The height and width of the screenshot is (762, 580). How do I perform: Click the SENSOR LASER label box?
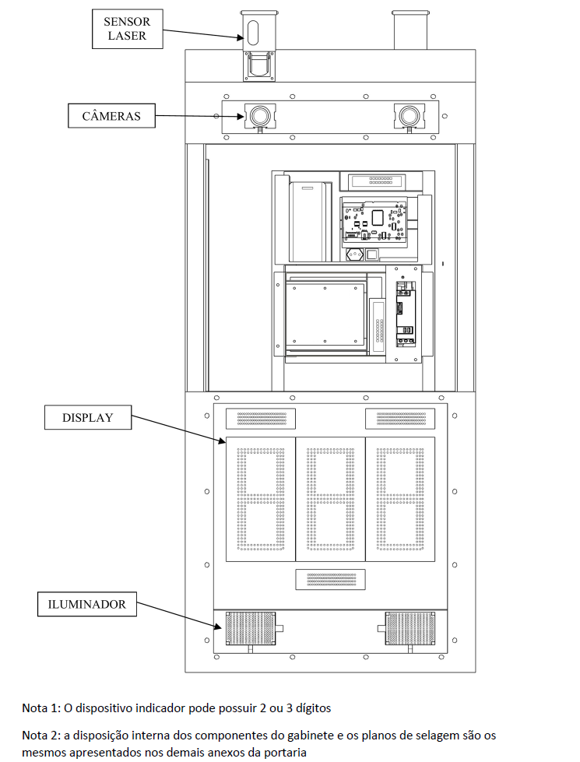coord(128,29)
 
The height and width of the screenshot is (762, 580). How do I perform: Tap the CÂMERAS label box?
coord(111,116)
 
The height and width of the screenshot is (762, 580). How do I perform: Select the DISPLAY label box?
coord(88,417)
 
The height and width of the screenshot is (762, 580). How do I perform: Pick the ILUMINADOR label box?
coord(87,604)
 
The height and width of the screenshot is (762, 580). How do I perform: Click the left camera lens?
coord(259,116)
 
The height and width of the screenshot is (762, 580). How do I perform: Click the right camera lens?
coord(410,116)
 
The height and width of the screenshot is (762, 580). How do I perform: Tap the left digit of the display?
coord(261,499)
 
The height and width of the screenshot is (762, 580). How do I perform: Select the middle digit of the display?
coord(331,499)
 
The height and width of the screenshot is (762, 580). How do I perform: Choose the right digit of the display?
coord(400,499)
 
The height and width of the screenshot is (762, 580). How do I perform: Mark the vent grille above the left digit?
coord(261,419)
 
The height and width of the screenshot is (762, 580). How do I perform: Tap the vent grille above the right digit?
coord(400,419)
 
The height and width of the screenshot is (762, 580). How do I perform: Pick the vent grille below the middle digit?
coord(331,579)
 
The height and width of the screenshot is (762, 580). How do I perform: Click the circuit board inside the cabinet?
coord(374,221)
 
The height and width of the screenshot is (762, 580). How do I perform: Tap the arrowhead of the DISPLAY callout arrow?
coord(223,441)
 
